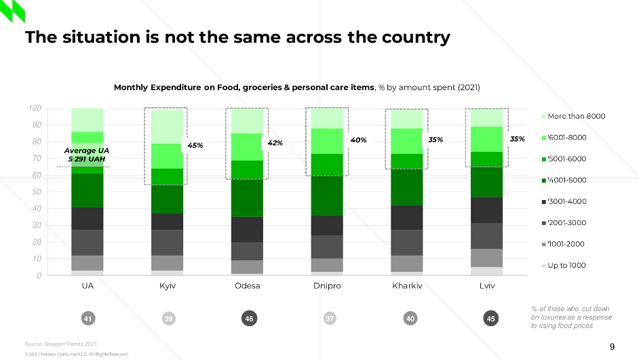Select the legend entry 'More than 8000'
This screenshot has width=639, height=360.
[576, 117]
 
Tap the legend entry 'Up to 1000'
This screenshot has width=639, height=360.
[566, 266]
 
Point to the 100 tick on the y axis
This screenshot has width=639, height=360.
[35, 108]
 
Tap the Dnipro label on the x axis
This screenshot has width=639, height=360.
[327, 286]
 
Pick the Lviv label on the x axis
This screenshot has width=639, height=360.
[486, 286]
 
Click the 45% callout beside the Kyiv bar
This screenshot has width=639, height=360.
[195, 146]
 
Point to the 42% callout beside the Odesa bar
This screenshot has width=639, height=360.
[275, 143]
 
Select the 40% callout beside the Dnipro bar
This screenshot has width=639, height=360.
[358, 140]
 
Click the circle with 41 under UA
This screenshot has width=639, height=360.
[88, 318]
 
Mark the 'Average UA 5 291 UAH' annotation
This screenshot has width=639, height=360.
[86, 155]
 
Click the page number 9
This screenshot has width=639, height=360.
[612, 347]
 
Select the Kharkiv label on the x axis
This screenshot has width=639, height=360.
[407, 286]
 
